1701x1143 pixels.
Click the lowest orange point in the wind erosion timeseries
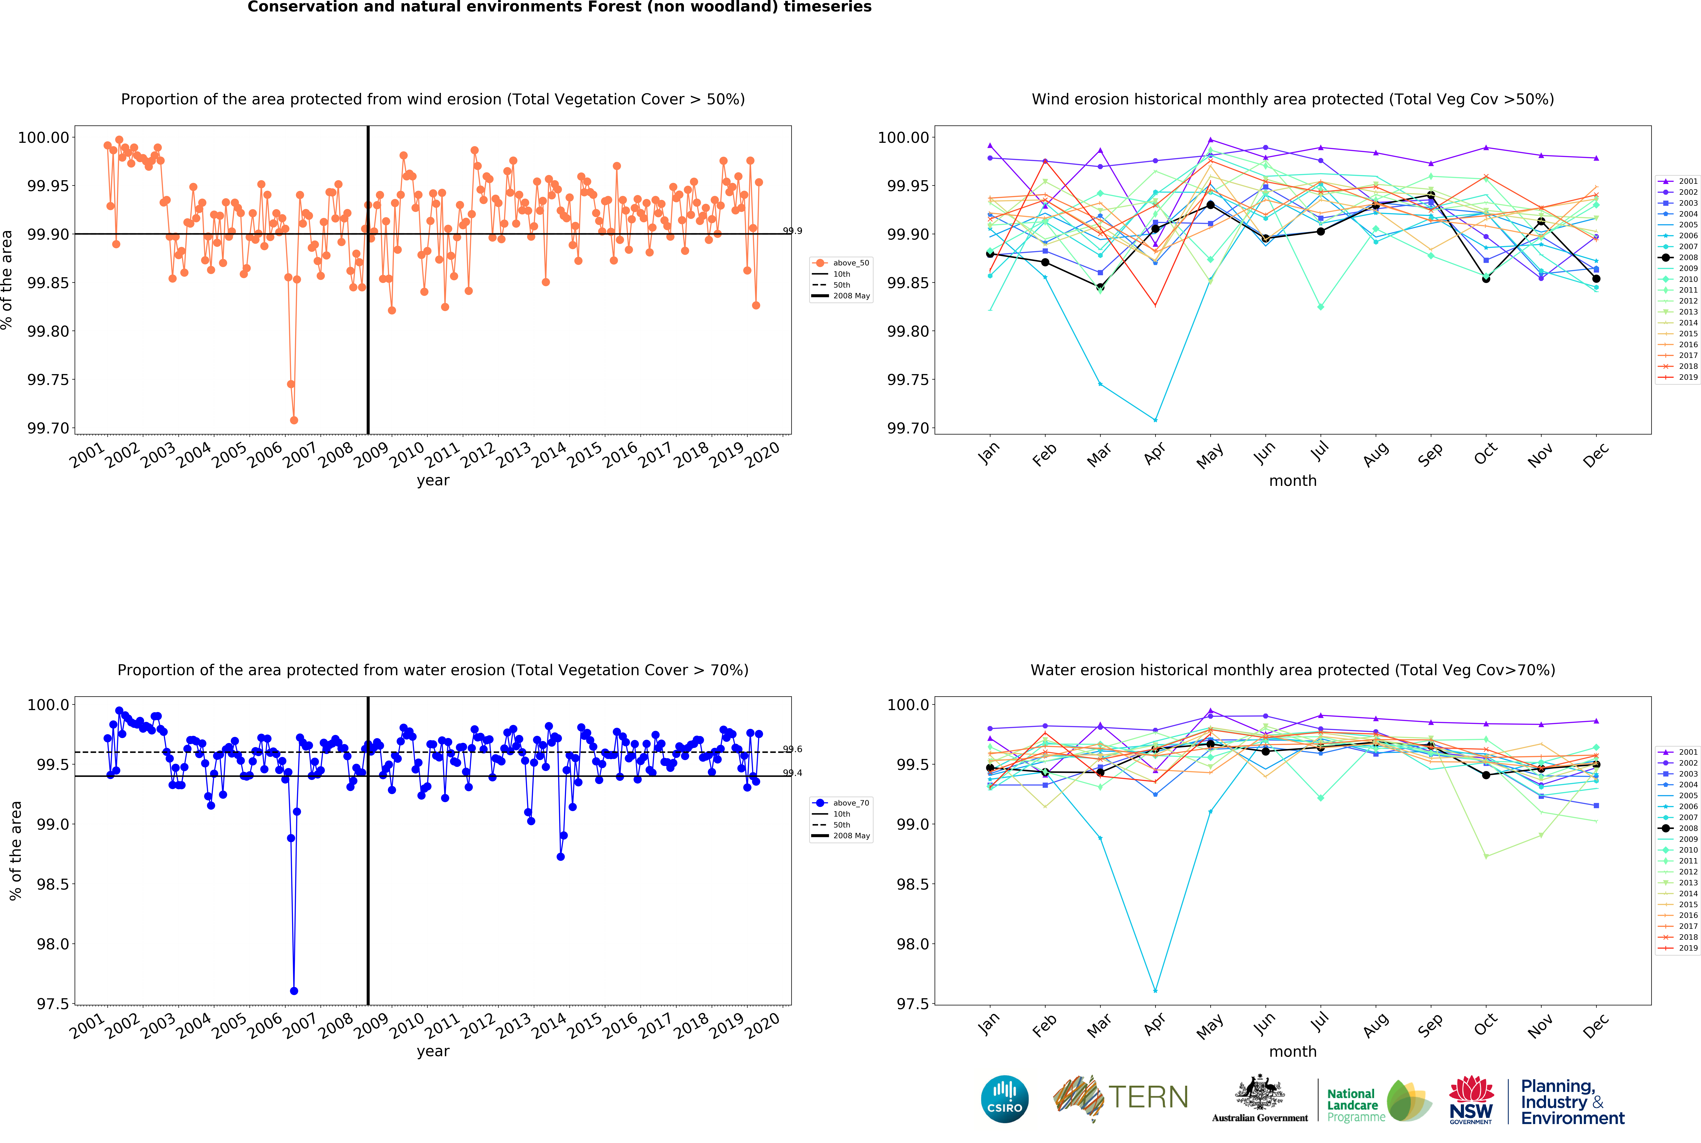(x=294, y=420)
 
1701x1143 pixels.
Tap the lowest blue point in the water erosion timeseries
(x=294, y=991)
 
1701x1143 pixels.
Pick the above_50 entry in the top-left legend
(x=850, y=263)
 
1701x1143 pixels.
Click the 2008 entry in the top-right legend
(x=1688, y=257)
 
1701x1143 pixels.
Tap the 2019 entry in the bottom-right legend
(x=1688, y=948)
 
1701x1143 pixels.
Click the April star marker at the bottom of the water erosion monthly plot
(x=1155, y=991)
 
